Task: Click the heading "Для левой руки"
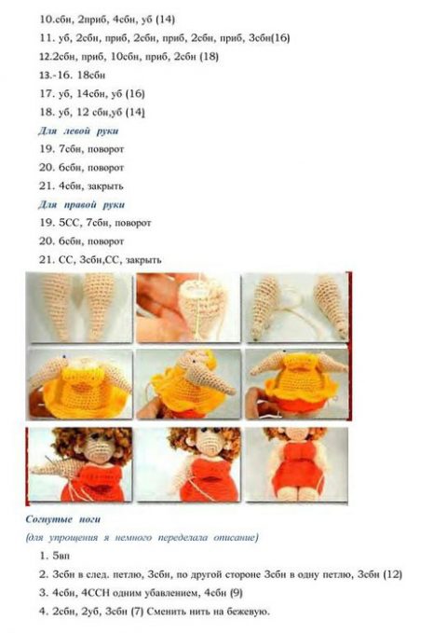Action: [x=78, y=131]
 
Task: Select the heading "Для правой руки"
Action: [x=81, y=204]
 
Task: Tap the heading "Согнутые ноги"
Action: [x=63, y=518]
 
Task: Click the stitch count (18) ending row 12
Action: [x=210, y=56]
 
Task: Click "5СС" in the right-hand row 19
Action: [x=69, y=223]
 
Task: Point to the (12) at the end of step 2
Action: [x=392, y=574]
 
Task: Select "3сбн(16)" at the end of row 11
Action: [x=264, y=37]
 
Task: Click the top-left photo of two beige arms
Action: [x=78, y=309]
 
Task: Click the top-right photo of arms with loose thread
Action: [x=296, y=309]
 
